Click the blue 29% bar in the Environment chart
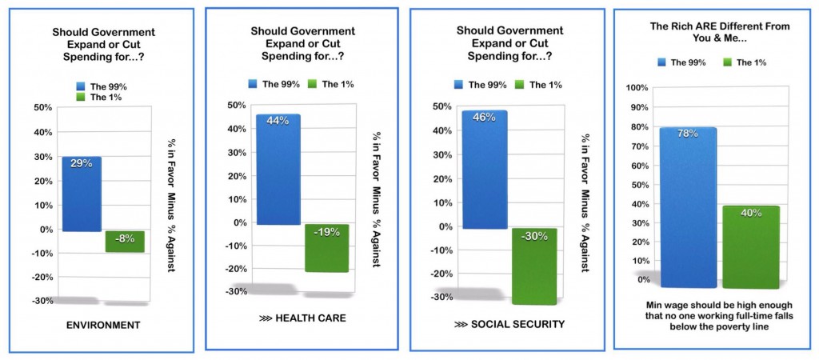click(x=82, y=194)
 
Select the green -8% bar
click(x=125, y=241)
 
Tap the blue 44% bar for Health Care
click(x=278, y=169)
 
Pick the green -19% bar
click(x=326, y=248)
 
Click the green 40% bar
click(x=750, y=246)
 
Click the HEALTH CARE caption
click(x=305, y=319)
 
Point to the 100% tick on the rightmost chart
click(x=637, y=88)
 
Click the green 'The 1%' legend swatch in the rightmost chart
click(x=728, y=62)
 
